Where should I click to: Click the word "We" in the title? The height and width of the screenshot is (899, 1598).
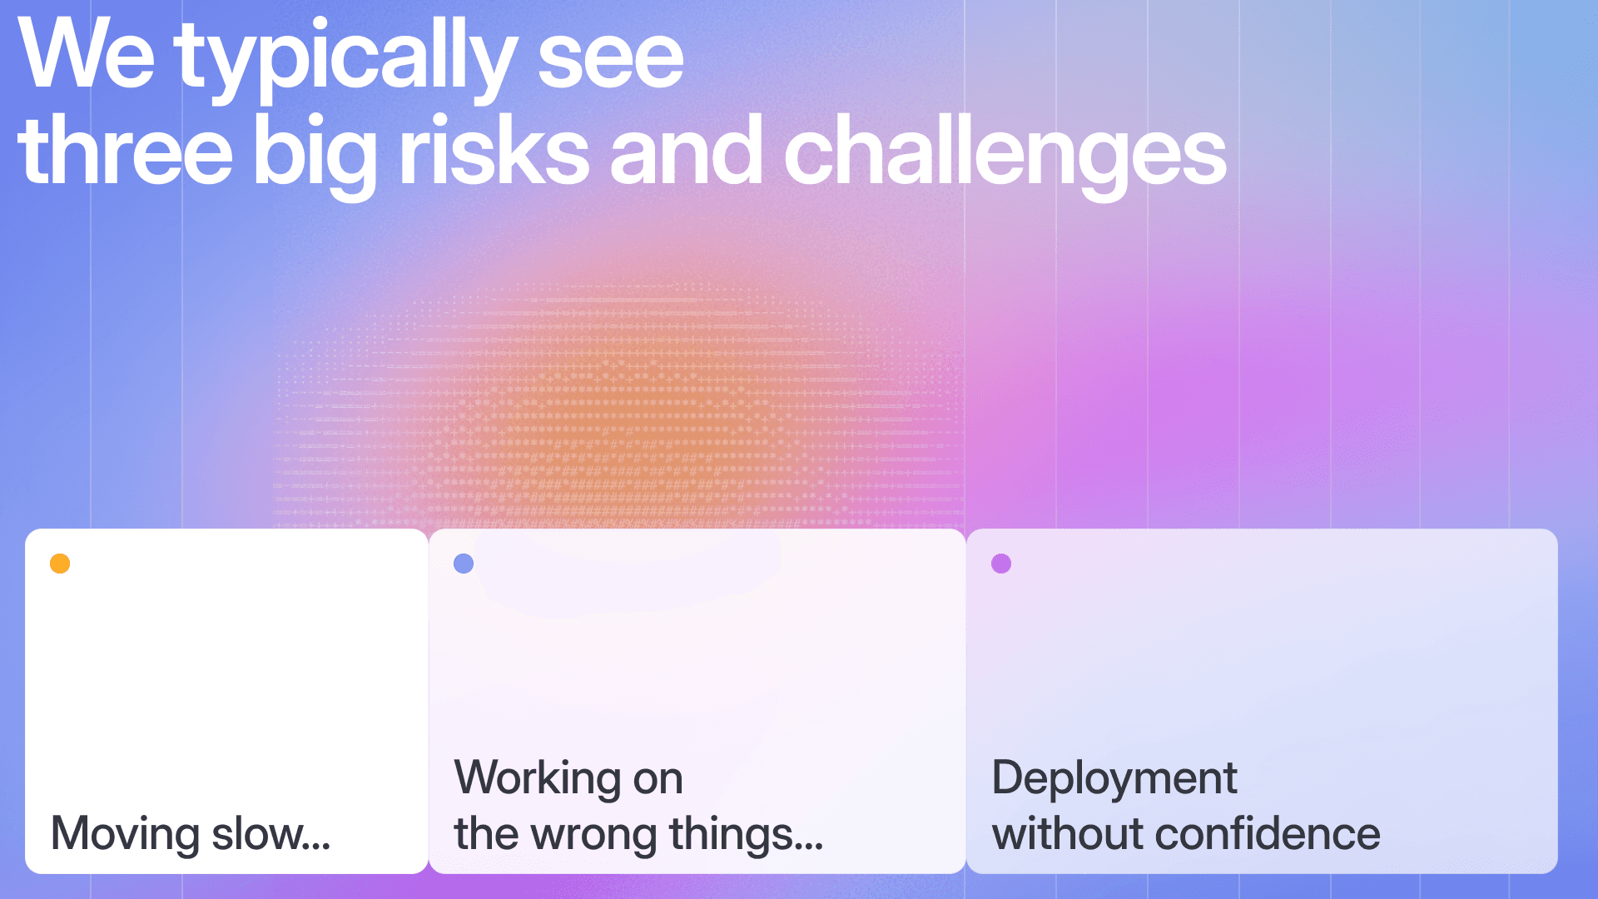coord(87,53)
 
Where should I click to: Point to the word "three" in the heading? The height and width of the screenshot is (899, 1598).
coord(126,150)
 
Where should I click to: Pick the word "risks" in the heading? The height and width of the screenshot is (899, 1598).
coord(494,150)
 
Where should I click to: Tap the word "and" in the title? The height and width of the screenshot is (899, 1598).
coord(686,150)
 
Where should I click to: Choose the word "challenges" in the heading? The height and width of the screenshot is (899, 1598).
coord(1005,156)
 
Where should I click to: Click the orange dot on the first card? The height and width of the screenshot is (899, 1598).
coord(60,564)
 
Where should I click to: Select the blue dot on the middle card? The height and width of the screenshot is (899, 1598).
coord(464,564)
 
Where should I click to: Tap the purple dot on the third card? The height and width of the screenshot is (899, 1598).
coord(1001,564)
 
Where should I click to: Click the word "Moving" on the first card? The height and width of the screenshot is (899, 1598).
coord(126,834)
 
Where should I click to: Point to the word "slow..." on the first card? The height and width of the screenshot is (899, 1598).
coord(271,833)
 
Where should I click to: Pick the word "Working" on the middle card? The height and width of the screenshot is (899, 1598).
coord(538,779)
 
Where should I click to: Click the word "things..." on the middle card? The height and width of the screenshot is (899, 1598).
coord(747,834)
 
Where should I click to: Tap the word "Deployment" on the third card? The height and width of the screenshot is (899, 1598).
coord(1114,779)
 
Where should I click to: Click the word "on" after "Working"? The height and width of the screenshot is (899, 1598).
coord(658,781)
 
